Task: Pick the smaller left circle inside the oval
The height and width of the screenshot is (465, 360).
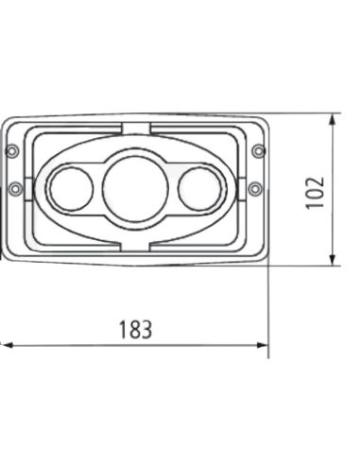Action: pyautogui.click(x=67, y=187)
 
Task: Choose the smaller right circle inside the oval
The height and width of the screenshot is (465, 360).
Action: pyautogui.click(x=199, y=187)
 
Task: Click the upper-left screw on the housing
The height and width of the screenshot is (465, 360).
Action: pyautogui.click(x=10, y=151)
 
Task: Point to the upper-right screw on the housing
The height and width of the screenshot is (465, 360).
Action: pyautogui.click(x=259, y=151)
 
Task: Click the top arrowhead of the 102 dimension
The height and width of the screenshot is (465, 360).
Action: pyautogui.click(x=334, y=120)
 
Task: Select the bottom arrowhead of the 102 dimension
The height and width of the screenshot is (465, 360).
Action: pyautogui.click(x=334, y=261)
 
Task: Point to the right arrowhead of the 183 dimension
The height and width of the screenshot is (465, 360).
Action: pyautogui.click(x=264, y=345)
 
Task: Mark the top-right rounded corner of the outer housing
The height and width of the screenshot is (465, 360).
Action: pyautogui.click(x=264, y=123)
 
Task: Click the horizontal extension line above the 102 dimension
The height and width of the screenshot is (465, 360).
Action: pyautogui.click(x=302, y=115)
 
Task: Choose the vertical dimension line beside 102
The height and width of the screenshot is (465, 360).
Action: pyautogui.click(x=334, y=227)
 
